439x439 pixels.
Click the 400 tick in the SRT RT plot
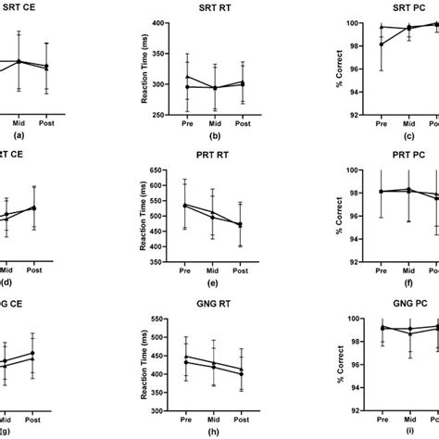[172, 23]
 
